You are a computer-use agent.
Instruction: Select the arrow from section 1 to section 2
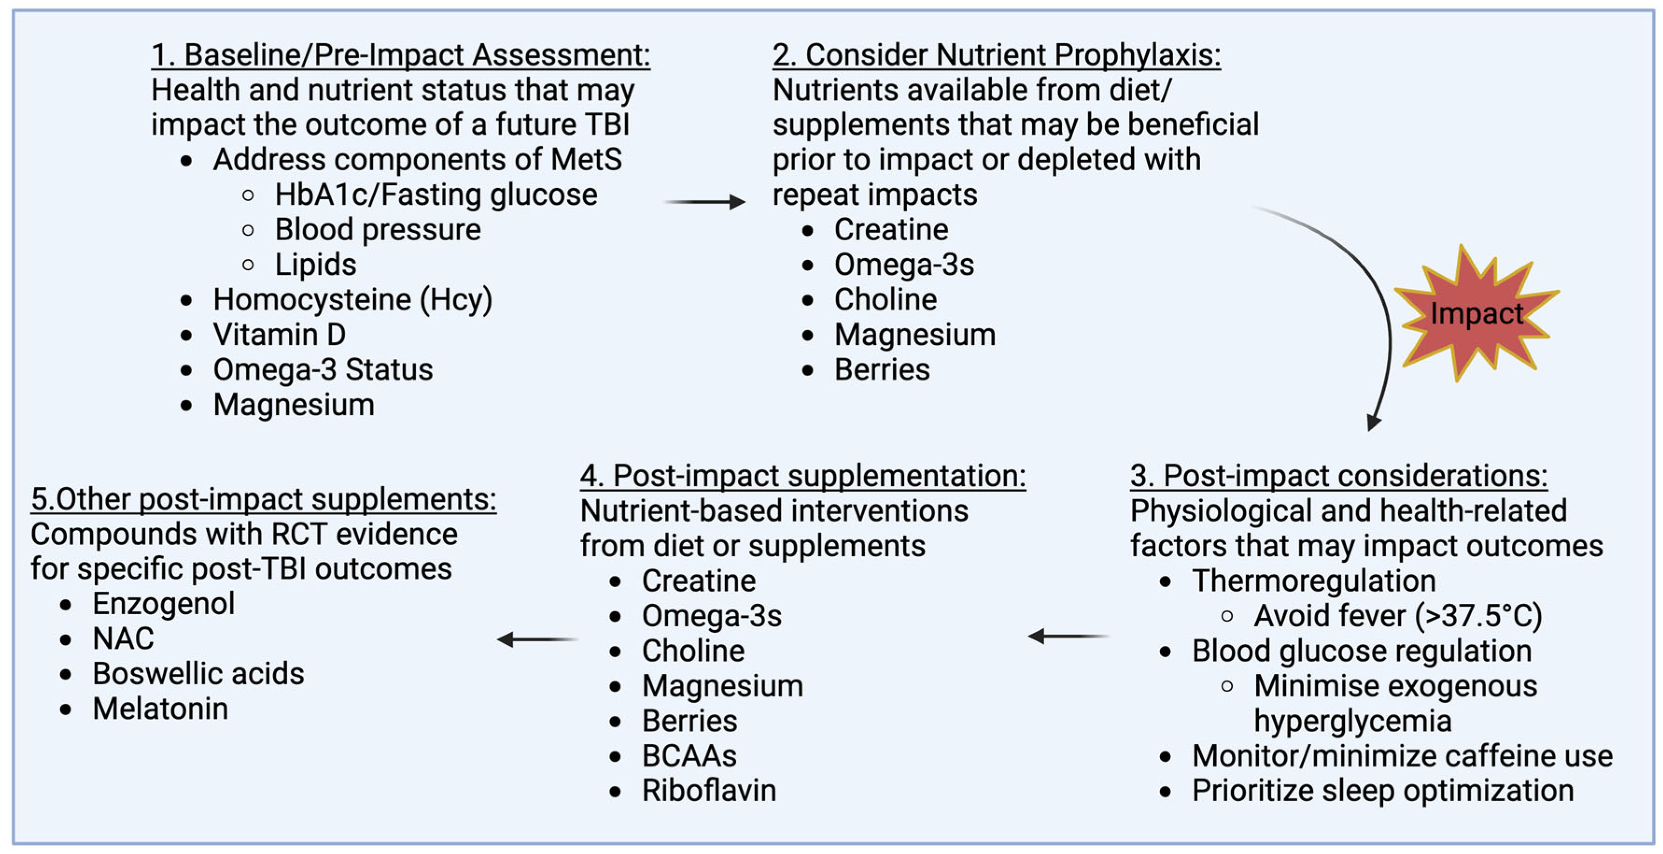tap(705, 202)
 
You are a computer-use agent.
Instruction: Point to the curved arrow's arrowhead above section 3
tap(1373, 422)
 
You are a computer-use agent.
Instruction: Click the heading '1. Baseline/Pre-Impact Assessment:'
tap(400, 55)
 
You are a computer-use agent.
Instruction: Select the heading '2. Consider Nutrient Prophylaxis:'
tap(996, 55)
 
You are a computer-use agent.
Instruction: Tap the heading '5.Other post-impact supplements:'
tap(263, 499)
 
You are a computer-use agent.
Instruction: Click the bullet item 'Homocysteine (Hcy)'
tap(352, 300)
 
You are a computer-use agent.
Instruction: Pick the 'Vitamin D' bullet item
tap(279, 335)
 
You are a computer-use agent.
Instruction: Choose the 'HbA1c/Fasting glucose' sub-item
tap(436, 194)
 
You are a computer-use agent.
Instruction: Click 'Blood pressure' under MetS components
tap(377, 230)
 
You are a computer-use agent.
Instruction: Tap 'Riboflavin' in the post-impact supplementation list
tap(709, 791)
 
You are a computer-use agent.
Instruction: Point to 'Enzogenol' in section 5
tap(163, 603)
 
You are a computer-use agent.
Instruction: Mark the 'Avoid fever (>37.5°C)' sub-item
tap(1397, 615)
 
